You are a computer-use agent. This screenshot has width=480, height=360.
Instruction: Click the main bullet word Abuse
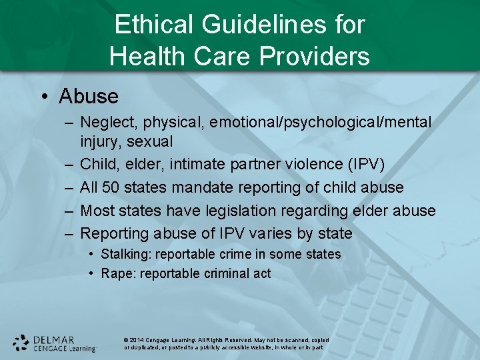tap(88, 97)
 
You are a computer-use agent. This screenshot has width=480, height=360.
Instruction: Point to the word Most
tap(97, 211)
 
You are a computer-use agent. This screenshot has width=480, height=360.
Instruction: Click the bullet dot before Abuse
tap(44, 97)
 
